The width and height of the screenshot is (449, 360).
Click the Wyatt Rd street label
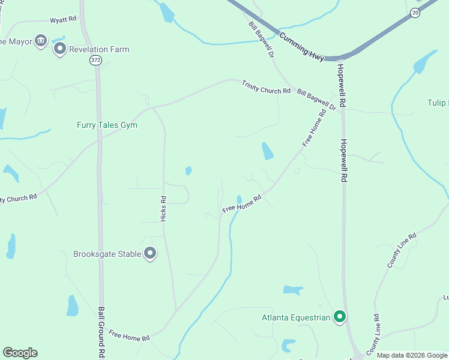63,19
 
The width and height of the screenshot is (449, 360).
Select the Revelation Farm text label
99,50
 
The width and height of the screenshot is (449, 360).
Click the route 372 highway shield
95,60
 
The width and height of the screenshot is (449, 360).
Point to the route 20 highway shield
415,12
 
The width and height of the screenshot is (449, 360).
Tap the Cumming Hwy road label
301,46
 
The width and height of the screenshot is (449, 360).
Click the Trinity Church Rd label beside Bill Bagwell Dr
266,86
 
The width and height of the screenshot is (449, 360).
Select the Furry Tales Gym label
107,125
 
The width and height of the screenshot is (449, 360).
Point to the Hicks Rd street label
163,209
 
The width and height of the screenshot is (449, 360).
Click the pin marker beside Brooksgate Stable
150,253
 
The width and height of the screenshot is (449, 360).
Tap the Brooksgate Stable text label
107,254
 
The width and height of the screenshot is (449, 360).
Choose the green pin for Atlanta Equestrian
339,316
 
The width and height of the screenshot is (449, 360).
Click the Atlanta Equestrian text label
296,317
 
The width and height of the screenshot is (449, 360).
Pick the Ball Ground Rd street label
101,332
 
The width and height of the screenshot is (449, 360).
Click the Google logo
20,353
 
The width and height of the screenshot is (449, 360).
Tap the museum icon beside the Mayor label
41,41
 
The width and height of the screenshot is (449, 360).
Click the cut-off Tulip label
438,103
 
